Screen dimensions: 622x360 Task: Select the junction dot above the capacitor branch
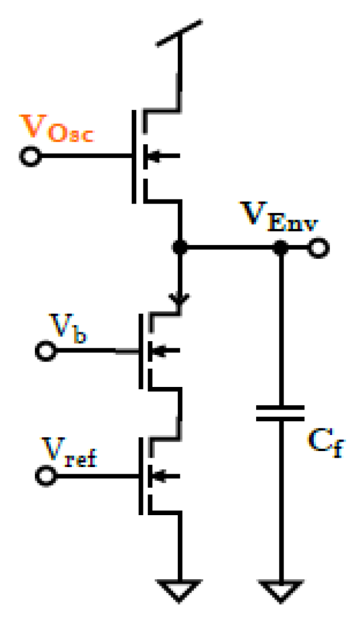[281, 247]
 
